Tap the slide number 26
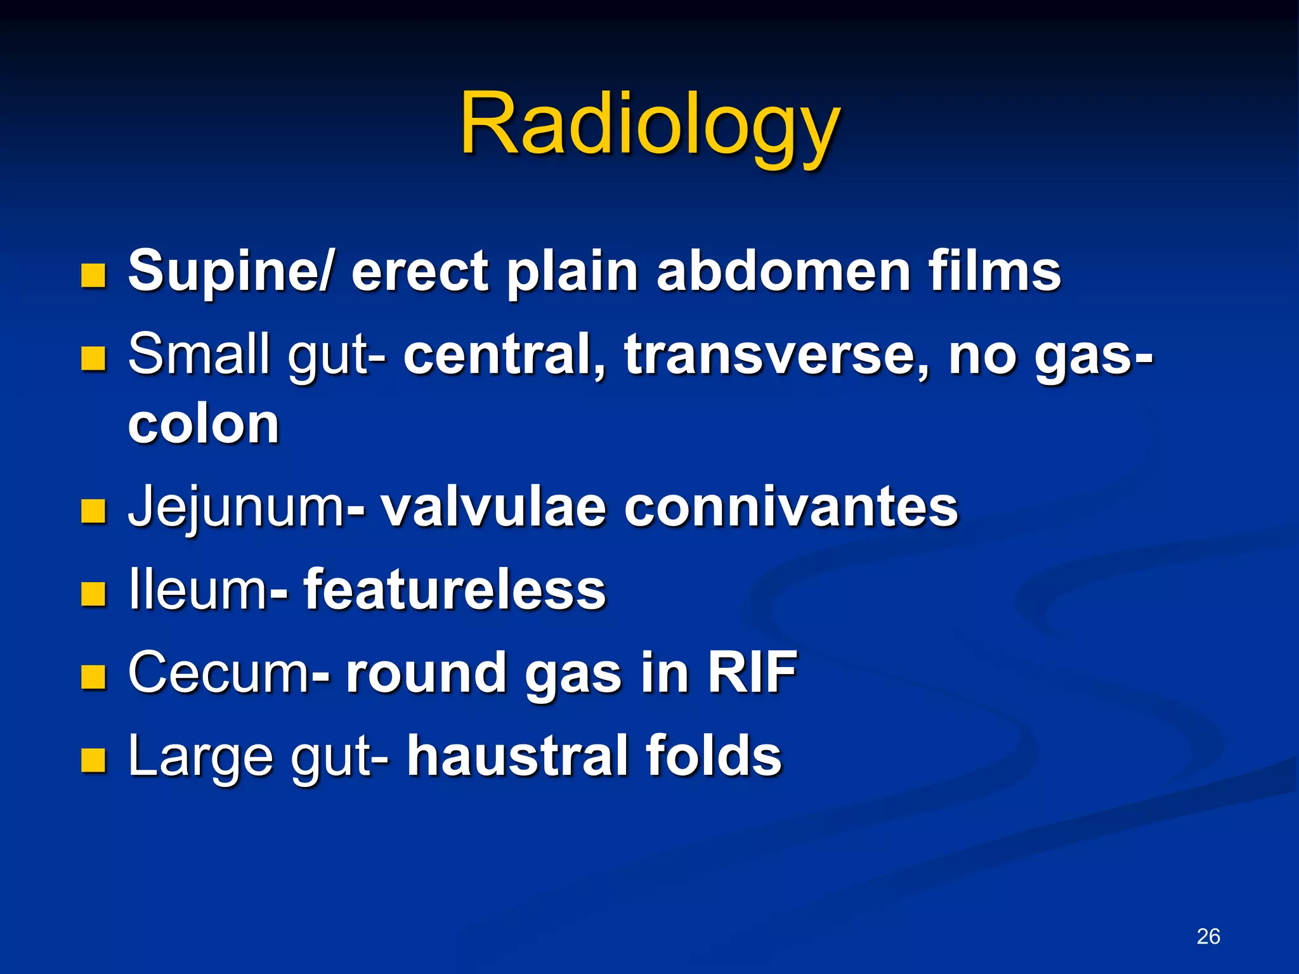(1208, 936)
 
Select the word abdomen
(783, 271)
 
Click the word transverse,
(776, 355)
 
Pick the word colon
(204, 424)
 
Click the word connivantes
(791, 507)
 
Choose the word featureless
(455, 590)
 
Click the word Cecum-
(228, 673)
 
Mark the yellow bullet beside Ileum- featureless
(93, 594)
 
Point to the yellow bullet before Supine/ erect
(93, 276)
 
